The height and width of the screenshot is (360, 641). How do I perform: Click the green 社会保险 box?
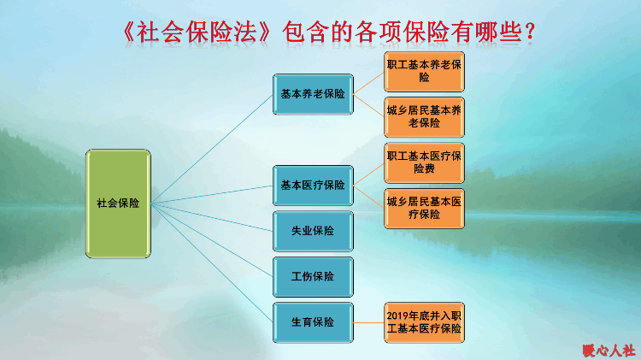click(118, 204)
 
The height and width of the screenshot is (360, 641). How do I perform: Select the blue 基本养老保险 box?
click(313, 94)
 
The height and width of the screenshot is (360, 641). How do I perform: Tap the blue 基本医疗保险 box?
click(313, 186)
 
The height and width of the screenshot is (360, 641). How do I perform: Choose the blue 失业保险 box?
click(313, 231)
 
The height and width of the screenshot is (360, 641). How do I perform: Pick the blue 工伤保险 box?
click(313, 277)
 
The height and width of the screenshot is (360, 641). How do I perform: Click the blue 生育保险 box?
click(313, 322)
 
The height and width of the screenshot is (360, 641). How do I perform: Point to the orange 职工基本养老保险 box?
click(424, 72)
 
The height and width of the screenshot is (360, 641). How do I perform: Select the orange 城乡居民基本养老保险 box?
click(424, 117)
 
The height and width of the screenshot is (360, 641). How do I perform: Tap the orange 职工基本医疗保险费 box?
click(424, 162)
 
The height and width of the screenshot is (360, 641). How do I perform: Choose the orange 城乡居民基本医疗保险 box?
click(424, 209)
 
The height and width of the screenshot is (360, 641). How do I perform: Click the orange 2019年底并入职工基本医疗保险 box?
click(424, 322)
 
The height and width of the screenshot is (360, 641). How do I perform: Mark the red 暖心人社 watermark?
click(609, 351)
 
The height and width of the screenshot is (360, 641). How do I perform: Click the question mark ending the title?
click(530, 32)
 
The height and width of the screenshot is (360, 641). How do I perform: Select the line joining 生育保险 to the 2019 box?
click(368, 322)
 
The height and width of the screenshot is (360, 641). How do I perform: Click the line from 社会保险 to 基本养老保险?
click(212, 149)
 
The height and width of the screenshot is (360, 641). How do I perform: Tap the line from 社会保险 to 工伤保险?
click(212, 240)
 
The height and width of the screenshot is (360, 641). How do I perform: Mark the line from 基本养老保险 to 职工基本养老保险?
click(368, 83)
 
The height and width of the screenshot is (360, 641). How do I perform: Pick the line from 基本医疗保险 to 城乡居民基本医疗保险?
click(368, 198)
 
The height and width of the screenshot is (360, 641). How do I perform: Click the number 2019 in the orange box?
click(397, 316)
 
